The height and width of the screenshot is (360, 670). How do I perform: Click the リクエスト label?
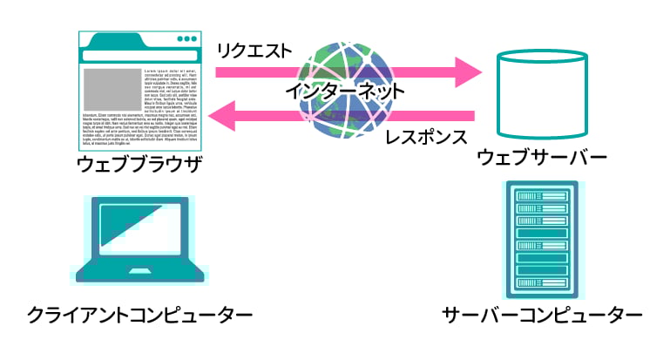pos(254,51)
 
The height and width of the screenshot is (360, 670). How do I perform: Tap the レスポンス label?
pos(426,137)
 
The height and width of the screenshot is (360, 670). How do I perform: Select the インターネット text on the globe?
pos(345,90)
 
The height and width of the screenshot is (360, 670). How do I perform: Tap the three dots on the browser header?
pos(186,40)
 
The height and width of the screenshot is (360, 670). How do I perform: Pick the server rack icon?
pos(540,238)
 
